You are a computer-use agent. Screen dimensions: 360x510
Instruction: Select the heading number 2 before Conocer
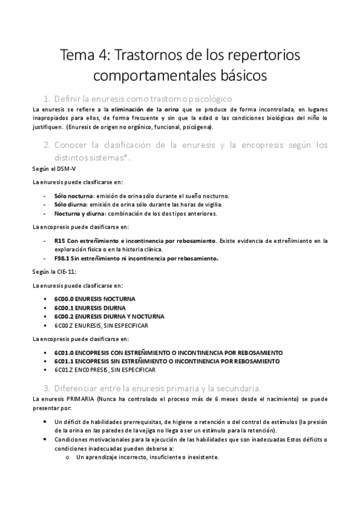coord(46,145)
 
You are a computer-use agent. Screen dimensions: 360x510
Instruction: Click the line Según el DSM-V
coord(50,169)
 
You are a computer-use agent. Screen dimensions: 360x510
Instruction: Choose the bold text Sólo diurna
coord(70,204)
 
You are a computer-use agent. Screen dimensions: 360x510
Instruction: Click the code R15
coord(59,241)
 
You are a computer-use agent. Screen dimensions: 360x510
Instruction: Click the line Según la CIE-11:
coord(54,272)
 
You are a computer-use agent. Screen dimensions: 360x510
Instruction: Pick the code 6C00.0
coord(63,299)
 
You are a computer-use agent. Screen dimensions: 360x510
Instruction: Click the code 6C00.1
coord(63,308)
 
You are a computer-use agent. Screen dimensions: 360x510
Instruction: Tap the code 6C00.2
coord(63,316)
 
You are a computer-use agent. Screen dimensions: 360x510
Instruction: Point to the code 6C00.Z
coord(63,325)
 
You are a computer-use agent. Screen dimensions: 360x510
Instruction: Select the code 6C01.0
coord(63,352)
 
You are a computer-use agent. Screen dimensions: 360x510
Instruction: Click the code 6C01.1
coord(63,361)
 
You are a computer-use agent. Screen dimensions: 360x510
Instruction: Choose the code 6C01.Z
coord(63,370)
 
